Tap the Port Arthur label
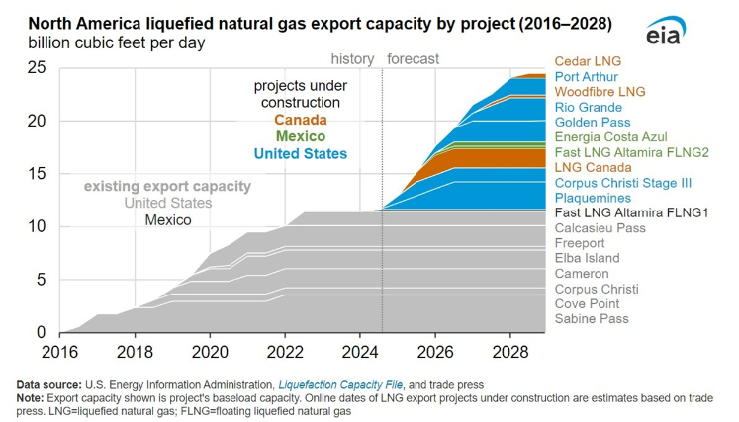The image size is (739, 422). [586, 76]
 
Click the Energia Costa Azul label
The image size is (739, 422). [611, 137]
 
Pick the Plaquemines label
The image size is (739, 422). [591, 198]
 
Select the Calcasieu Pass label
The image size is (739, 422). [601, 228]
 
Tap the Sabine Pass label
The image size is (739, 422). [592, 319]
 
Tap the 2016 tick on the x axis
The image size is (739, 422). [61, 351]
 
